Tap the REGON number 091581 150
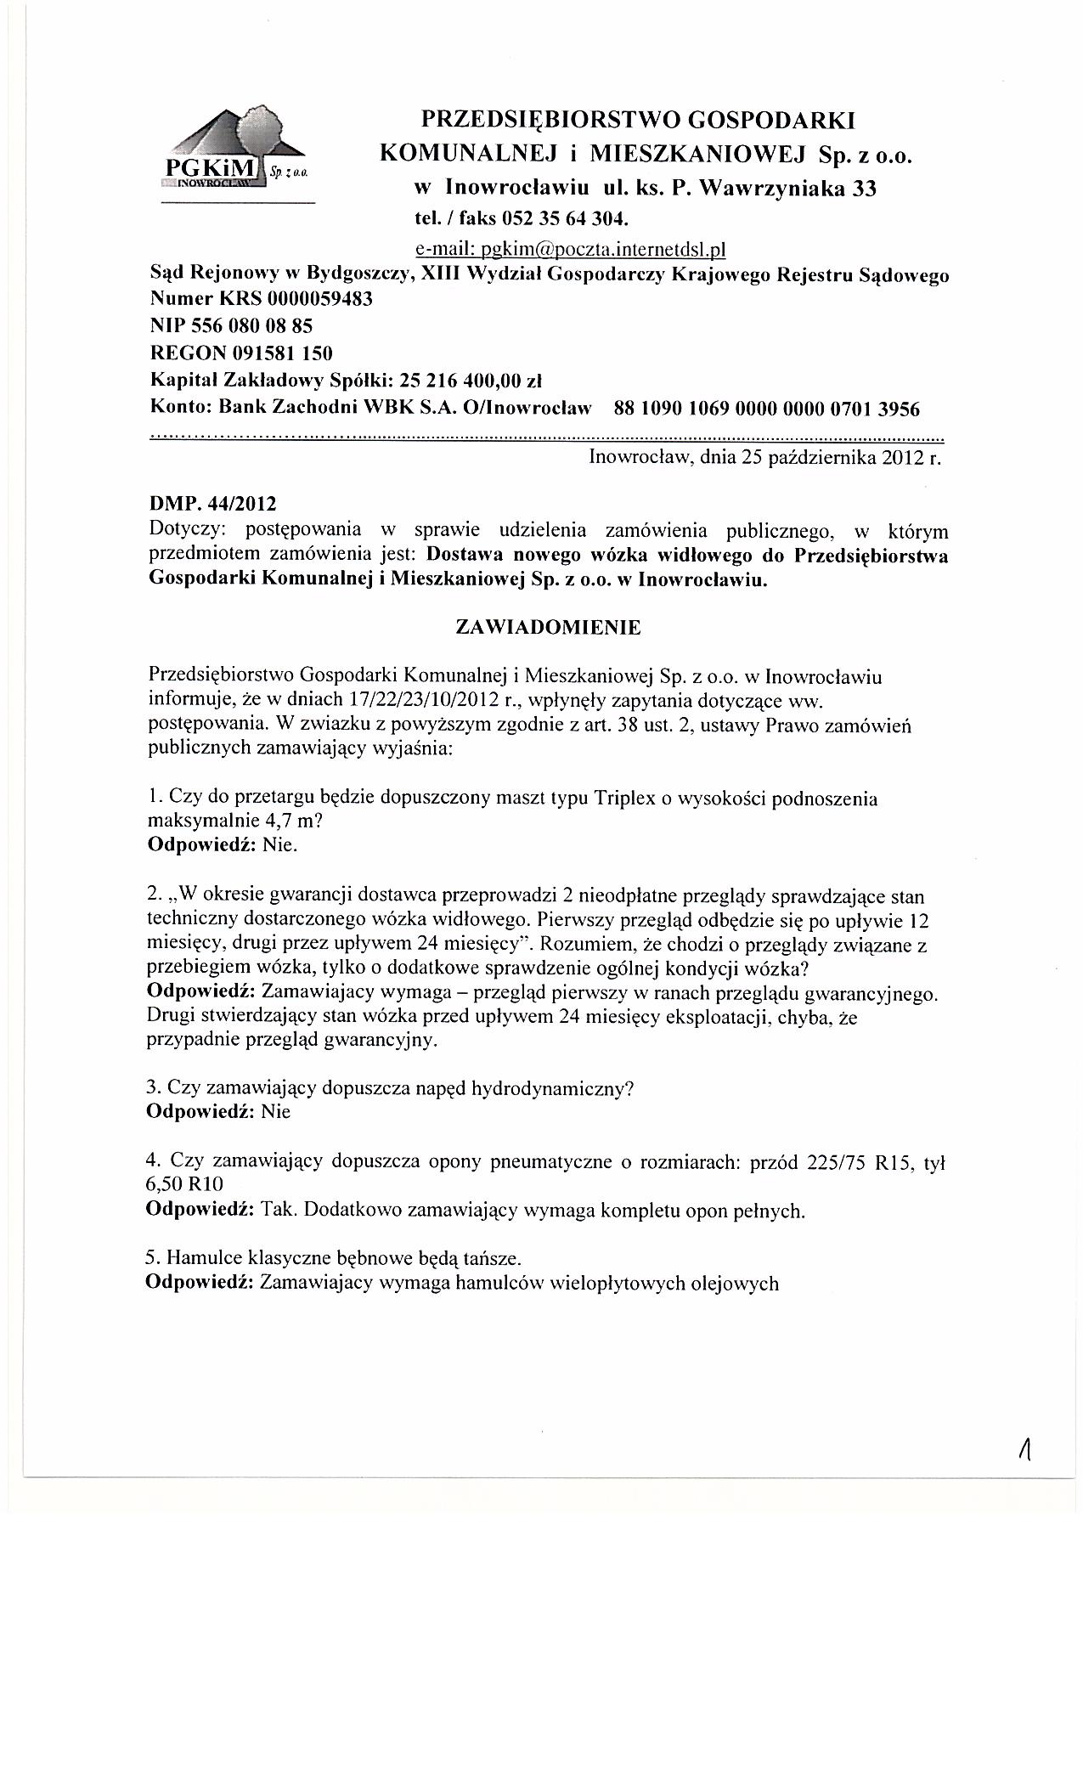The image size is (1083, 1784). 284,353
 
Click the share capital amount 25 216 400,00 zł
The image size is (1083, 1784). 477,380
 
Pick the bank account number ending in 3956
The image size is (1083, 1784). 766,409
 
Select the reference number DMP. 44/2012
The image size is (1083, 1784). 212,505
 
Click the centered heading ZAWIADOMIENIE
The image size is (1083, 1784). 548,628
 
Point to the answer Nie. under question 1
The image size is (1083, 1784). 280,845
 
